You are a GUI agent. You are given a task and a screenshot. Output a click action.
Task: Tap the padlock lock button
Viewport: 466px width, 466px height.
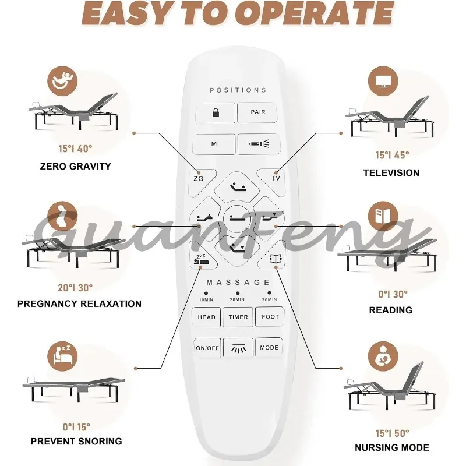(216, 112)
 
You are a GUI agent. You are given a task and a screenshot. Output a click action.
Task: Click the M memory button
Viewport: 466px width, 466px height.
(214, 144)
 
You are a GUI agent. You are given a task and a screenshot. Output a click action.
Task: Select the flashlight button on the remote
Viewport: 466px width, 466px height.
(259, 144)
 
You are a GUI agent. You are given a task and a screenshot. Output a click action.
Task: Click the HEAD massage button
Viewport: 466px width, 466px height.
(206, 317)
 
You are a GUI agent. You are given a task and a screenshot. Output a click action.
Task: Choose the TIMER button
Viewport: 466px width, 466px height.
(238, 317)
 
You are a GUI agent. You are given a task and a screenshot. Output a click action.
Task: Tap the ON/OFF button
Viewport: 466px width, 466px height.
(207, 348)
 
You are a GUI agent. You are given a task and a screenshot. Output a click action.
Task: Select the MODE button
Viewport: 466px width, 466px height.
(269, 347)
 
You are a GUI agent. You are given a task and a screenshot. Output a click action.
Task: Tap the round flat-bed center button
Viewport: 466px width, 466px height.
(237, 220)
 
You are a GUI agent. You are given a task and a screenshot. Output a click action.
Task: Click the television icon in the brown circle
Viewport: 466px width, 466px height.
(383, 81)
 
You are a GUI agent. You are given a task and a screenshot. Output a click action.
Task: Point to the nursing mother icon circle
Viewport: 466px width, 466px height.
(383, 356)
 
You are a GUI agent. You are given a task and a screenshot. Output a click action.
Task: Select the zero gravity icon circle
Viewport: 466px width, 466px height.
(62, 81)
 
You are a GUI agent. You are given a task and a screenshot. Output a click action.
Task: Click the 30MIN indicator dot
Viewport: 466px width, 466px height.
(269, 293)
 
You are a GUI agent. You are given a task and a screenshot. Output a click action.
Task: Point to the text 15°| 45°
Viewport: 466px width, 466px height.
(392, 155)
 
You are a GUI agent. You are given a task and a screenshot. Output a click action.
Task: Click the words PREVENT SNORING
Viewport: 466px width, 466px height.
(76, 442)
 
